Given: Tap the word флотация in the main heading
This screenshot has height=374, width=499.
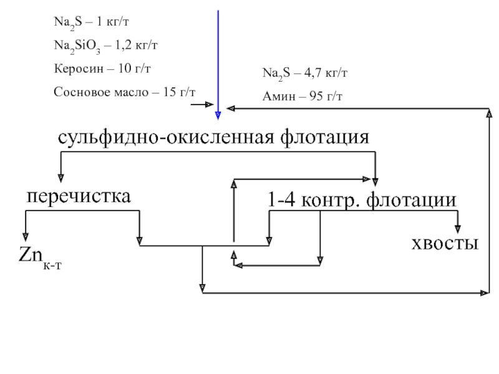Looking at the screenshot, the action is tap(324, 137).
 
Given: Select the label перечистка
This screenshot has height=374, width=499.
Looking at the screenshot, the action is tap(78, 197).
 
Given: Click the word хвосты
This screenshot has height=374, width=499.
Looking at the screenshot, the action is tap(445, 243).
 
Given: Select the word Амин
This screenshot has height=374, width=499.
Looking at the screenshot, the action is tap(277, 97).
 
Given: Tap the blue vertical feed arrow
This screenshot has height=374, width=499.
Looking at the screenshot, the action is tap(218, 62).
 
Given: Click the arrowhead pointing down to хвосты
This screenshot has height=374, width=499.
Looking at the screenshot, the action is tap(458, 228).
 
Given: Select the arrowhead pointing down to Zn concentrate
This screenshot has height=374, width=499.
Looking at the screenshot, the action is tap(26, 236).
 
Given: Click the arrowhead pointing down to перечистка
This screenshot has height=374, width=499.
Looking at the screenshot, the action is tap(61, 176).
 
